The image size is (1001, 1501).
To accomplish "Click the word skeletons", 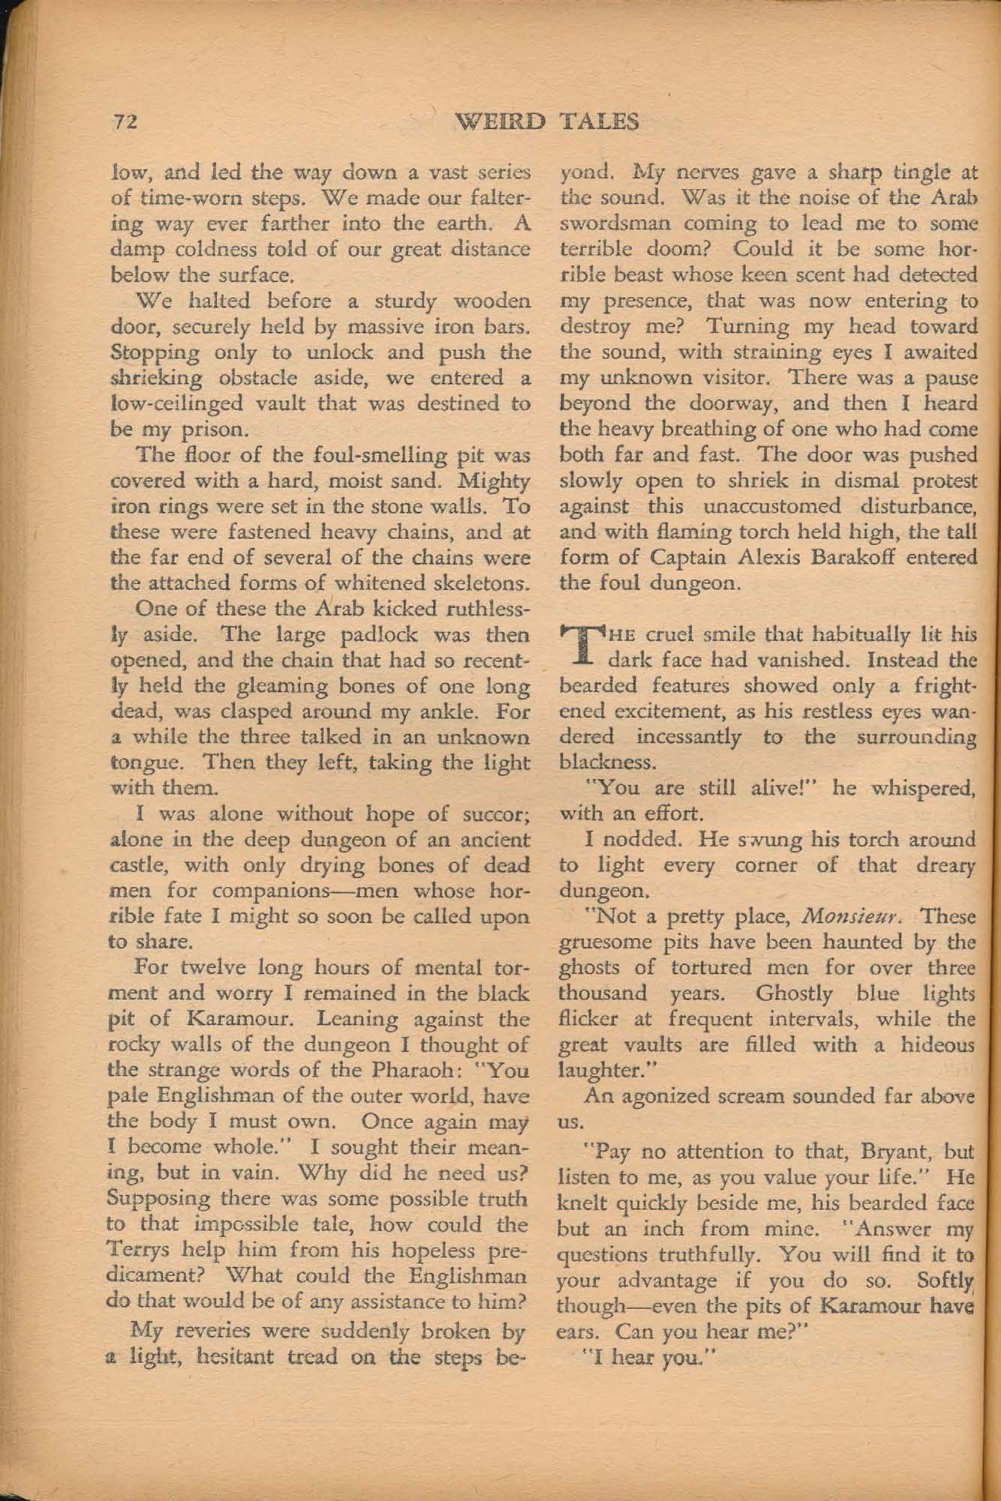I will coord(458,584).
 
